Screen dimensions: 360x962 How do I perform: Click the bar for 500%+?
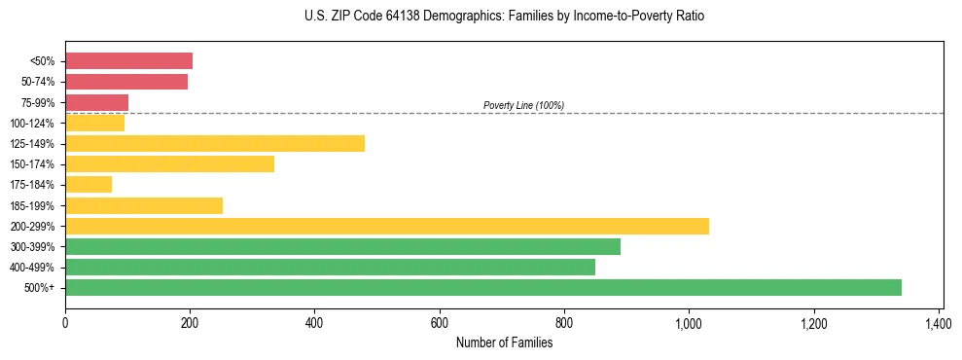pos(483,287)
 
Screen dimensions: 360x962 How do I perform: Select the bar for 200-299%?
pos(387,226)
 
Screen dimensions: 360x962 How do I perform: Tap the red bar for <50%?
pos(128,61)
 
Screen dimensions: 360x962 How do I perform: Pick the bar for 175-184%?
pos(89,185)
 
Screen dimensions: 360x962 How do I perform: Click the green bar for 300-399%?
pos(342,246)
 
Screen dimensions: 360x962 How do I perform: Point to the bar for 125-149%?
pos(215,144)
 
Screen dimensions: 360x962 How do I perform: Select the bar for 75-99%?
pos(96,102)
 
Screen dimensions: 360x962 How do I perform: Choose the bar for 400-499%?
pos(330,267)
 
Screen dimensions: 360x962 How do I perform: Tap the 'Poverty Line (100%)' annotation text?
pos(523,105)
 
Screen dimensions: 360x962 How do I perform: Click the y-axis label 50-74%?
pos(38,82)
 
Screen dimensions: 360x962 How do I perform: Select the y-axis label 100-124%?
pos(33,124)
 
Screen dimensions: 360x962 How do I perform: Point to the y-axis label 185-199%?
pos(33,205)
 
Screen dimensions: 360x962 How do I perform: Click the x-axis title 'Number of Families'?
pos(504,342)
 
